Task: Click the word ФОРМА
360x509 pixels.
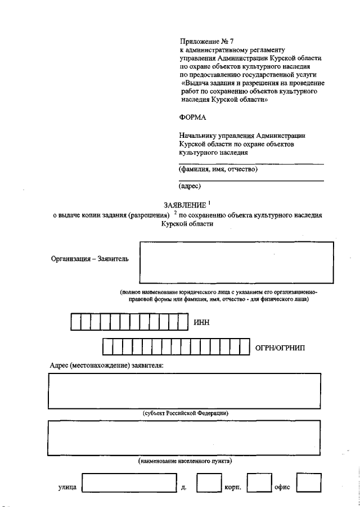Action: (x=193, y=117)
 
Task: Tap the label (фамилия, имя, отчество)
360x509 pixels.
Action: (x=218, y=169)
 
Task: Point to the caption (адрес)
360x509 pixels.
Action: (x=190, y=186)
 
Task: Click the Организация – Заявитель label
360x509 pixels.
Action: (x=90, y=259)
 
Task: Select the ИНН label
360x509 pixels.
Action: (x=201, y=322)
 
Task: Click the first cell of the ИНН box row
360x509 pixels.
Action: (x=75, y=322)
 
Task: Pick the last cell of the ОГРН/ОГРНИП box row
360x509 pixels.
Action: (x=245, y=348)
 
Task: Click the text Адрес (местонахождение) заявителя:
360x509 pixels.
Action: (x=107, y=366)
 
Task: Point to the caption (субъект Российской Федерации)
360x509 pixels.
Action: (x=185, y=413)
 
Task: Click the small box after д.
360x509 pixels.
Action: (x=209, y=483)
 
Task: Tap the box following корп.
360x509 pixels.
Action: (x=259, y=483)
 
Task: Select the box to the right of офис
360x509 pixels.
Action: (x=309, y=483)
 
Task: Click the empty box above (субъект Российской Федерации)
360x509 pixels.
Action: (x=185, y=390)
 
